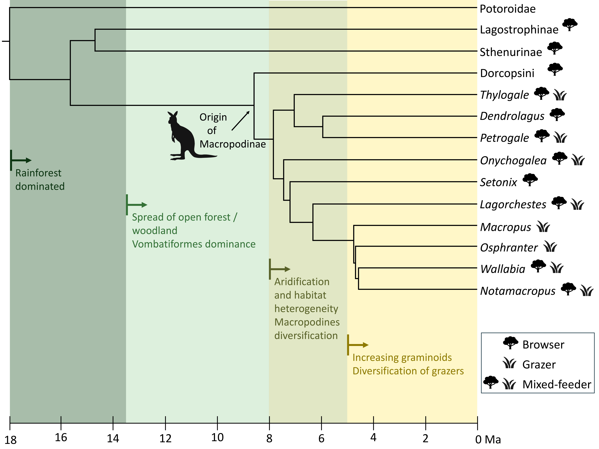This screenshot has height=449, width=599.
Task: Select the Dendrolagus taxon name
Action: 512,116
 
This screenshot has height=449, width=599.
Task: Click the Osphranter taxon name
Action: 509,248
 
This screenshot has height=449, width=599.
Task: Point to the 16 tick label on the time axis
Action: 61,437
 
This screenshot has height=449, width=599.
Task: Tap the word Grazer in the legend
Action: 539,365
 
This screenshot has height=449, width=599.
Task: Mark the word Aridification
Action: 302,282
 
